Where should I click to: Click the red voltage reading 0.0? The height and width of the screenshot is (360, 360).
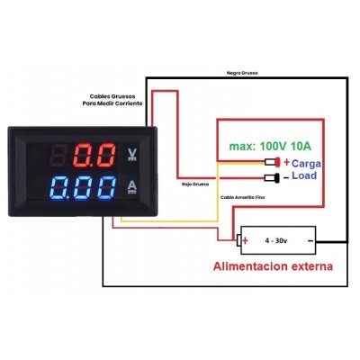94,155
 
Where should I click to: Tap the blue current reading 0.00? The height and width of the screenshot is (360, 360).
84,188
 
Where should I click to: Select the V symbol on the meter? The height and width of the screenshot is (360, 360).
132,155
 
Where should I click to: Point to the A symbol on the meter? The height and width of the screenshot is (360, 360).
132,187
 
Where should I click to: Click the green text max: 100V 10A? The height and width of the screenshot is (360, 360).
270,146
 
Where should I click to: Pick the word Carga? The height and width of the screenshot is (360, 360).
306,164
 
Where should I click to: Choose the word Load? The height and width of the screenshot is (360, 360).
304,175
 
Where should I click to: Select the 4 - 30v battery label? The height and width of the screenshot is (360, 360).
276,240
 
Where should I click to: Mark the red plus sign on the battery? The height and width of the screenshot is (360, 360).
246,240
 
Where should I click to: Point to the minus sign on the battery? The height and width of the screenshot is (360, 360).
310,240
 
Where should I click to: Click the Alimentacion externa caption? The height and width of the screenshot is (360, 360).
273,266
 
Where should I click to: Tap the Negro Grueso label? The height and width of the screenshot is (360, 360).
242,73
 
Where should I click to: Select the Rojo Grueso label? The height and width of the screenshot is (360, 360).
195,184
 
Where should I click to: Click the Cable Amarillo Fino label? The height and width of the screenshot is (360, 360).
243,197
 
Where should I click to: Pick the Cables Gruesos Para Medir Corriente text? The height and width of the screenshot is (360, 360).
112,100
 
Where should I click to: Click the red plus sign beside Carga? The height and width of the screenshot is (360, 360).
287,162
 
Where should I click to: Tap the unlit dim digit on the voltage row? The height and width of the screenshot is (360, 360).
60,155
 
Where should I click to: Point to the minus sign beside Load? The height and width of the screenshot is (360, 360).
286,177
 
